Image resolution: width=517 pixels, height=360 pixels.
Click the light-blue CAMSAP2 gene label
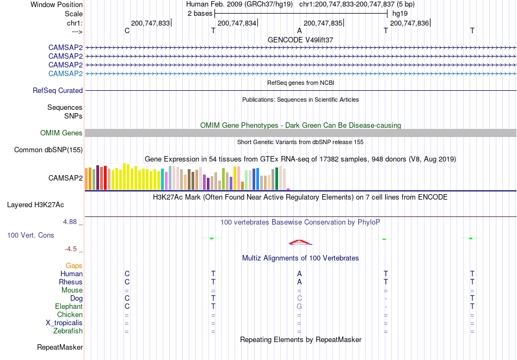[x=65, y=74]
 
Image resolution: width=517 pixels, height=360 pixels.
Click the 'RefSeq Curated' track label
[x=58, y=91]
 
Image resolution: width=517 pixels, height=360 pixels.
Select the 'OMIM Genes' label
[x=61, y=133]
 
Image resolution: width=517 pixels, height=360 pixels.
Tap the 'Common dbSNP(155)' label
[x=48, y=150]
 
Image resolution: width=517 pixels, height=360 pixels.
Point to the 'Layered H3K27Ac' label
[x=35, y=205]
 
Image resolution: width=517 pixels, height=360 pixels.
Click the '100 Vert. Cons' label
[x=30, y=235]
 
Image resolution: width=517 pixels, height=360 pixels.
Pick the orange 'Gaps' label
[x=74, y=266]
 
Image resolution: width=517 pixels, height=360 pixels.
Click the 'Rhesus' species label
[x=71, y=282]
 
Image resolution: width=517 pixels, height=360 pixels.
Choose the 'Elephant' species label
[x=69, y=307]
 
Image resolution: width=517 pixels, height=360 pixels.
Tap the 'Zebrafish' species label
[x=68, y=331]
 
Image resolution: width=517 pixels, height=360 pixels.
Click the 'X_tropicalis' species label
[x=64, y=323]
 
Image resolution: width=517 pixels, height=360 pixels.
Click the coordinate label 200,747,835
[x=323, y=23]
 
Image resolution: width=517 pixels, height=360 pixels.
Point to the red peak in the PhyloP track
[x=299, y=242]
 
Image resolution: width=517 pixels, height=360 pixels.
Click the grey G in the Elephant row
[x=299, y=307]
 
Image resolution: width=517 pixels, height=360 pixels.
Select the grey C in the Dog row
[x=299, y=299]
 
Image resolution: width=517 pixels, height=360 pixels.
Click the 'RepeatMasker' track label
[x=60, y=347]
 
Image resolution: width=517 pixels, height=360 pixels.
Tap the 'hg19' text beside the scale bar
[x=400, y=14]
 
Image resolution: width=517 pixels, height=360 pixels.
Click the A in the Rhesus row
[x=299, y=282]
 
